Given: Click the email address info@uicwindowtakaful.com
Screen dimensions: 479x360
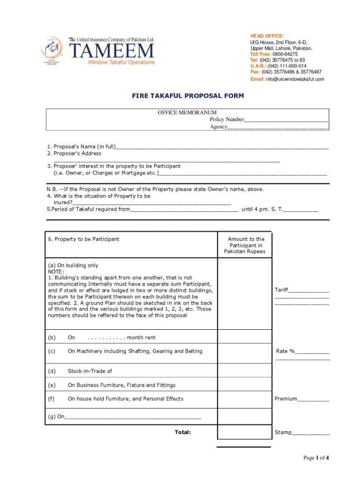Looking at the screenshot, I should point(296,79).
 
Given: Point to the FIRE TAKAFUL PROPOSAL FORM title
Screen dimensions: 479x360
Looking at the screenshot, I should point(187,96).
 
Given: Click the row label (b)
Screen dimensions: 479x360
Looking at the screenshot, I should point(51,338).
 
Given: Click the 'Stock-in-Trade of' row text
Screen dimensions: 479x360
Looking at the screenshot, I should point(90,371).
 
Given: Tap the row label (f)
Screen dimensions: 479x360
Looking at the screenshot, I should point(51,399).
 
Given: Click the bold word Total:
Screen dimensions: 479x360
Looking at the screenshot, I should point(182,432).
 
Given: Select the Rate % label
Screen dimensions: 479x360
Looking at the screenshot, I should point(285,351).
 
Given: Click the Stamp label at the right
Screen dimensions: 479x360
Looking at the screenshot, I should point(283,433).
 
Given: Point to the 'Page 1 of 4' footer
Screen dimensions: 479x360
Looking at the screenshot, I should point(316,457).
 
